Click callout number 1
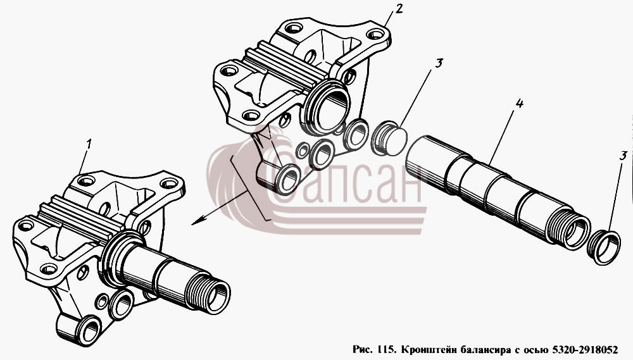click(x=89, y=144)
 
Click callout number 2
click(x=399, y=8)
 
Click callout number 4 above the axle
click(x=519, y=103)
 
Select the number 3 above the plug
click(x=439, y=63)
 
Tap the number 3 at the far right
click(x=624, y=155)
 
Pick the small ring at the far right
click(x=603, y=247)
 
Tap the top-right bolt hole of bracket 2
click(x=375, y=34)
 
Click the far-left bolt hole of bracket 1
click(x=25, y=225)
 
